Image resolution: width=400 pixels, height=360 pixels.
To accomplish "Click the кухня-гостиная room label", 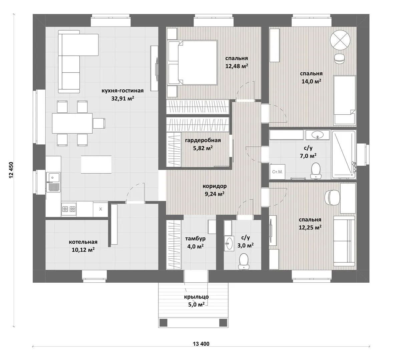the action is [x=122, y=91].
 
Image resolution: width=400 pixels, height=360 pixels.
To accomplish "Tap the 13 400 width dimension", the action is [x=201, y=344].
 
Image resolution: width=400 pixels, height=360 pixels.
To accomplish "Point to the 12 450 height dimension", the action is [x=11, y=170].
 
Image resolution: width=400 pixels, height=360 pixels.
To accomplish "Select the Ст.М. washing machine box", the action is [x=277, y=172].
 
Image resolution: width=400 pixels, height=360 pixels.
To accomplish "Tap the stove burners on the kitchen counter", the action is [x=69, y=209].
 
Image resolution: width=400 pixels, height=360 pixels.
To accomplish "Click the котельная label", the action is [x=83, y=242].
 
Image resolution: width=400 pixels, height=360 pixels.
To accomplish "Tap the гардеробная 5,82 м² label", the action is [x=203, y=144].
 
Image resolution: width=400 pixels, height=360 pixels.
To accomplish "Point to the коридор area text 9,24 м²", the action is [x=215, y=194].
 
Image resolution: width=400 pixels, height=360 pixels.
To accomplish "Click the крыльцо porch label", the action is [x=196, y=297].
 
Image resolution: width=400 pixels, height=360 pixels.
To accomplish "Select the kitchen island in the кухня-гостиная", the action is [x=96, y=165].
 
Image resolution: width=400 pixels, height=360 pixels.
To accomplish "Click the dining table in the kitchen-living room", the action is [x=72, y=123].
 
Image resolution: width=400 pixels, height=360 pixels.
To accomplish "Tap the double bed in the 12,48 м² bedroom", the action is [x=192, y=62].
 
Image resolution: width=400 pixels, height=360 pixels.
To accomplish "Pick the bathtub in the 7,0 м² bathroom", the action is [x=344, y=155].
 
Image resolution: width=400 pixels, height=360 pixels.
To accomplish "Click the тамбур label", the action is [x=195, y=239].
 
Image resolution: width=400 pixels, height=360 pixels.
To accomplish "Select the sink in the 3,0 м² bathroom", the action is [x=229, y=243].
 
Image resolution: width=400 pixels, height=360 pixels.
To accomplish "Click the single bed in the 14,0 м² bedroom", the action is [x=345, y=100].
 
